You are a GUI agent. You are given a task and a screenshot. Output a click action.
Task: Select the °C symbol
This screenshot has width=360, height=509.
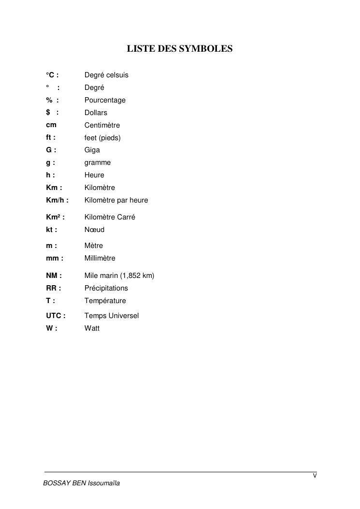click(51, 75)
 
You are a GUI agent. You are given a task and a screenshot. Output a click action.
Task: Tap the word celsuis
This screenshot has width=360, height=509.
click(117, 75)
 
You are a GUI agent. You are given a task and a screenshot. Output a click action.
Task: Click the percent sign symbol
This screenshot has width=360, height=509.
click(49, 100)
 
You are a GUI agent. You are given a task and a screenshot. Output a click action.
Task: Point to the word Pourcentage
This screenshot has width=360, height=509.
click(105, 100)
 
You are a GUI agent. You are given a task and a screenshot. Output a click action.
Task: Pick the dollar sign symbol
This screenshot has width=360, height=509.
click(48, 113)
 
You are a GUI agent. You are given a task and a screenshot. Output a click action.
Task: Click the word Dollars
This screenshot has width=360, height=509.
click(96, 113)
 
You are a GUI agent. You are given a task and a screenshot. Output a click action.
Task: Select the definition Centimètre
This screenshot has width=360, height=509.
click(102, 125)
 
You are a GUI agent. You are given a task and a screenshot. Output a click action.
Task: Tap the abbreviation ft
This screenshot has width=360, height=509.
click(49, 138)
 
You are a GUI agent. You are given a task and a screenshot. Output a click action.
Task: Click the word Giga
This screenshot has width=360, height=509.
click(92, 150)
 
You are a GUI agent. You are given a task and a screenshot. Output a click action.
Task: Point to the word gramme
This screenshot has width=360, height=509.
click(98, 163)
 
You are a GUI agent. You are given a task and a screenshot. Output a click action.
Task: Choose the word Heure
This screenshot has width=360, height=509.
click(94, 175)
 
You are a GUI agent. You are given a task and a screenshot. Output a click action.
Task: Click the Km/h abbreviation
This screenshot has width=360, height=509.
click(56, 200)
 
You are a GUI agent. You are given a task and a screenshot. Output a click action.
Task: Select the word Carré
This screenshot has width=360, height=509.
click(126, 217)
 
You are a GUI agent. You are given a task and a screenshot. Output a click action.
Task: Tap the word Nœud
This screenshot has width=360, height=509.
click(94, 230)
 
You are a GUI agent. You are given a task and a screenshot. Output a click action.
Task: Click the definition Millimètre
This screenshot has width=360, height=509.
click(100, 258)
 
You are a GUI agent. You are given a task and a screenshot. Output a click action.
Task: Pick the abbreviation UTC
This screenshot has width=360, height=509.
click(54, 316)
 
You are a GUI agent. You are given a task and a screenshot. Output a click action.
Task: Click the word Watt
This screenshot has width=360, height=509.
click(92, 328)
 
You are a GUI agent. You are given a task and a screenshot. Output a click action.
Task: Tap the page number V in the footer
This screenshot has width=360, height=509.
click(315, 476)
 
